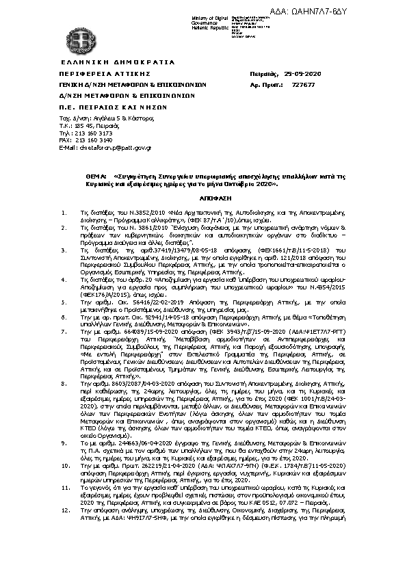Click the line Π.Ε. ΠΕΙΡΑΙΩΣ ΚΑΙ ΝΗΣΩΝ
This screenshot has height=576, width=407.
(103, 107)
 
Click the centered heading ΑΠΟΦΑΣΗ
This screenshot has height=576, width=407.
(203, 194)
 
